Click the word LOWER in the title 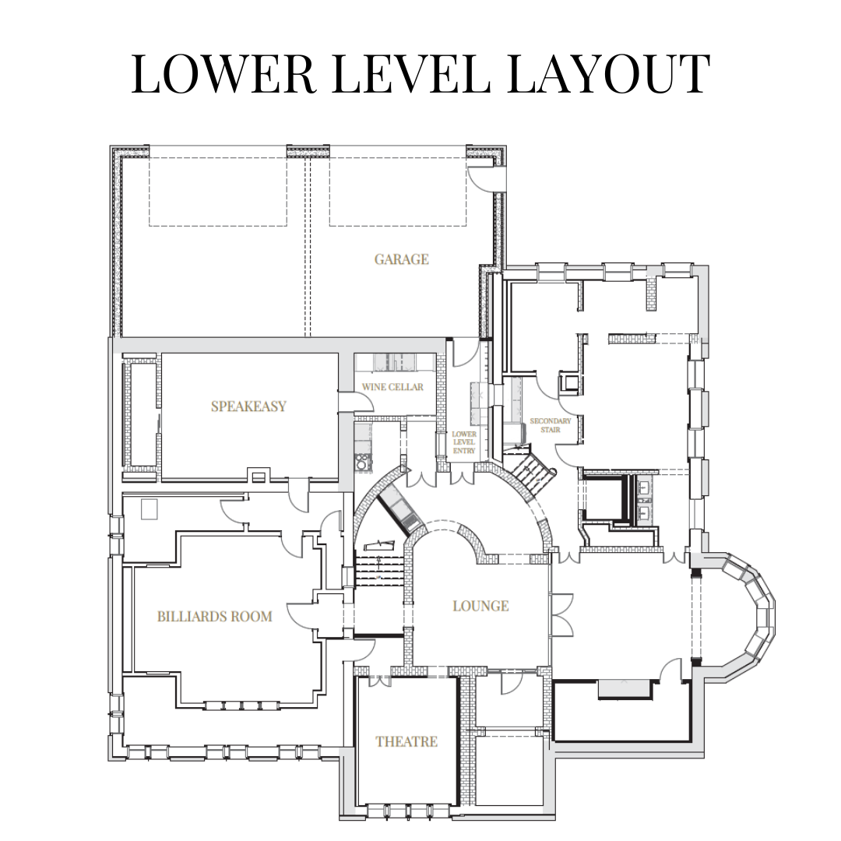point(223,74)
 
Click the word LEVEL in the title point(411,74)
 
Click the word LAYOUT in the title point(608,74)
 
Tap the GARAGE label point(401,259)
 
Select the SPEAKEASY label point(248,406)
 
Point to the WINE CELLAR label point(392,387)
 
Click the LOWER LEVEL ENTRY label point(464,442)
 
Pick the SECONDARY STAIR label point(551,425)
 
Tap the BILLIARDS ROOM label point(215,617)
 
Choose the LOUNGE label point(480,606)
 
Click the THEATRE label point(406,742)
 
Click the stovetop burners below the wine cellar point(363,462)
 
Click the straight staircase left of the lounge point(378,571)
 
